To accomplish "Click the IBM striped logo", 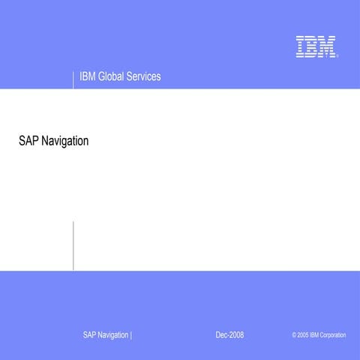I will click(314, 46).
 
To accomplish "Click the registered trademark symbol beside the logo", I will click(337, 56).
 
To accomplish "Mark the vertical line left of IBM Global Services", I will click(73, 79).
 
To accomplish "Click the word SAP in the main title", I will click(28, 140).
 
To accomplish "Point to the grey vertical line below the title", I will click(73, 245).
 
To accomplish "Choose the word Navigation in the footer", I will click(113, 334).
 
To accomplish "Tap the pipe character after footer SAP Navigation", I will click(131, 334).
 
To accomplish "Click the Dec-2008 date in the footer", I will click(229, 334).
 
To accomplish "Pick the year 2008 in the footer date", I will click(236, 334).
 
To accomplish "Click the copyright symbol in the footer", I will click(294, 335).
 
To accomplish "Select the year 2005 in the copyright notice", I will click(302, 335).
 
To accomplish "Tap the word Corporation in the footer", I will click(333, 335).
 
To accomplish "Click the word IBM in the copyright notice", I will click(314, 335).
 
